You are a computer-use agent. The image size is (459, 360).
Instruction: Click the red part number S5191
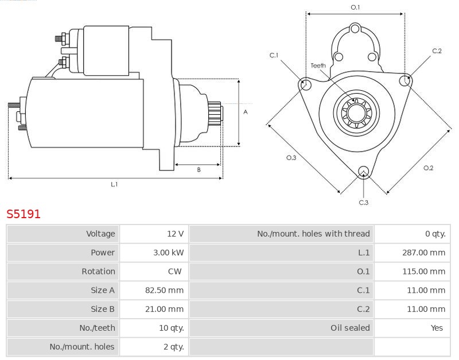24,214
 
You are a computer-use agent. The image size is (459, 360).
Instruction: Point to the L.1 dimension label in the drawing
114,184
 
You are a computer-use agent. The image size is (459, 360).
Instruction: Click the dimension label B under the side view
199,170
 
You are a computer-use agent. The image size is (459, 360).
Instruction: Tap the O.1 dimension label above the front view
355,7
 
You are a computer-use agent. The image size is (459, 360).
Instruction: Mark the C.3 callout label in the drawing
364,202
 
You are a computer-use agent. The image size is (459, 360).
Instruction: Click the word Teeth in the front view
318,65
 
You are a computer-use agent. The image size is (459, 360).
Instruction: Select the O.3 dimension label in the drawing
291,158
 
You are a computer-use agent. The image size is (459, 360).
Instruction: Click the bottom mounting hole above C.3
363,171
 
